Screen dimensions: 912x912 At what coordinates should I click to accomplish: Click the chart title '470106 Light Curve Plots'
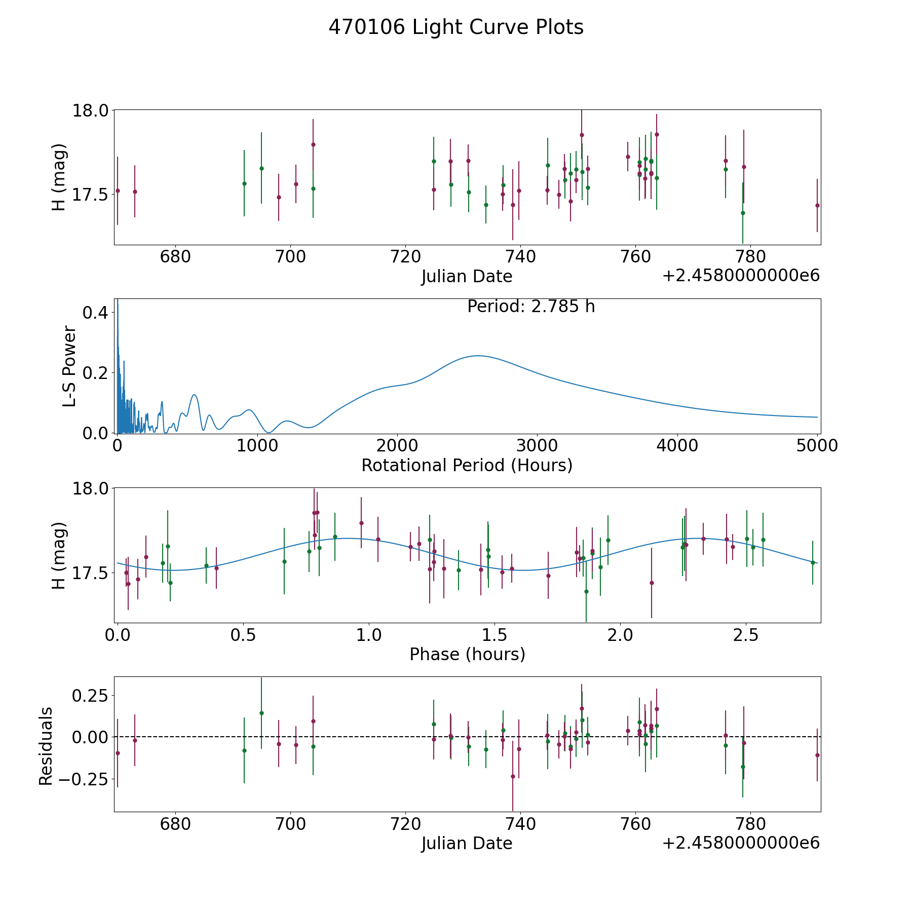[x=456, y=27]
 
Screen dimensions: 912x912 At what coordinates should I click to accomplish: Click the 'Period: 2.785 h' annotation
[x=531, y=307]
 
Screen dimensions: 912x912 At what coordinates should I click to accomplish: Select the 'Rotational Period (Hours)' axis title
[x=467, y=465]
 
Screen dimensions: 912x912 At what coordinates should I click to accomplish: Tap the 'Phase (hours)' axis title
[x=467, y=654]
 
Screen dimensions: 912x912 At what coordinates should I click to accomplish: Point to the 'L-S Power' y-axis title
[x=69, y=366]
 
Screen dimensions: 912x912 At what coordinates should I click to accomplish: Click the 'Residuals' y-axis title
[x=46, y=746]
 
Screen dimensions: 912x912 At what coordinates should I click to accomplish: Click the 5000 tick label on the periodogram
[x=817, y=445]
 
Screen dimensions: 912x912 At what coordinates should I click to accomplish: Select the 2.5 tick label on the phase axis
[x=746, y=635]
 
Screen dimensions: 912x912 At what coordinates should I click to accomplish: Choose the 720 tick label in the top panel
[x=405, y=257]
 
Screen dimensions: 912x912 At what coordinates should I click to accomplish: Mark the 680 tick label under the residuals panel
[x=175, y=824]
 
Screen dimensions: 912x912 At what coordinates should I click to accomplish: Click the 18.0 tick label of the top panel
[x=90, y=110]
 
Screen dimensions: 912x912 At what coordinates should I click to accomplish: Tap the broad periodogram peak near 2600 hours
[x=477, y=356]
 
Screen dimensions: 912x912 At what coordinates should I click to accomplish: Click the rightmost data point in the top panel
[x=817, y=205]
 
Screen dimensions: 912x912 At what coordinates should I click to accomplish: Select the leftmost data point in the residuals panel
[x=118, y=753]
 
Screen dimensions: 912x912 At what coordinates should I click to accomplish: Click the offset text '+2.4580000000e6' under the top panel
[x=741, y=276]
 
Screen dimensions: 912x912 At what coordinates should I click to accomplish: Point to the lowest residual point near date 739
[x=513, y=776]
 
